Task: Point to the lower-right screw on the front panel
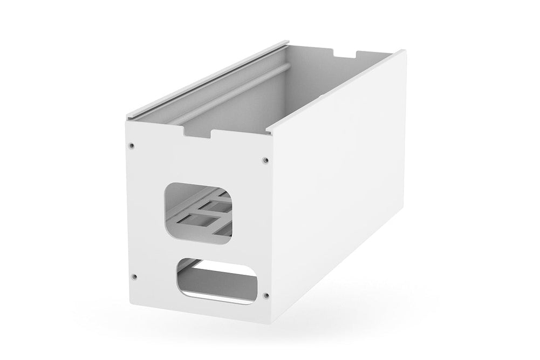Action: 265,295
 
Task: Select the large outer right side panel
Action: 345,184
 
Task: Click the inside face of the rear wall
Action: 324,81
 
